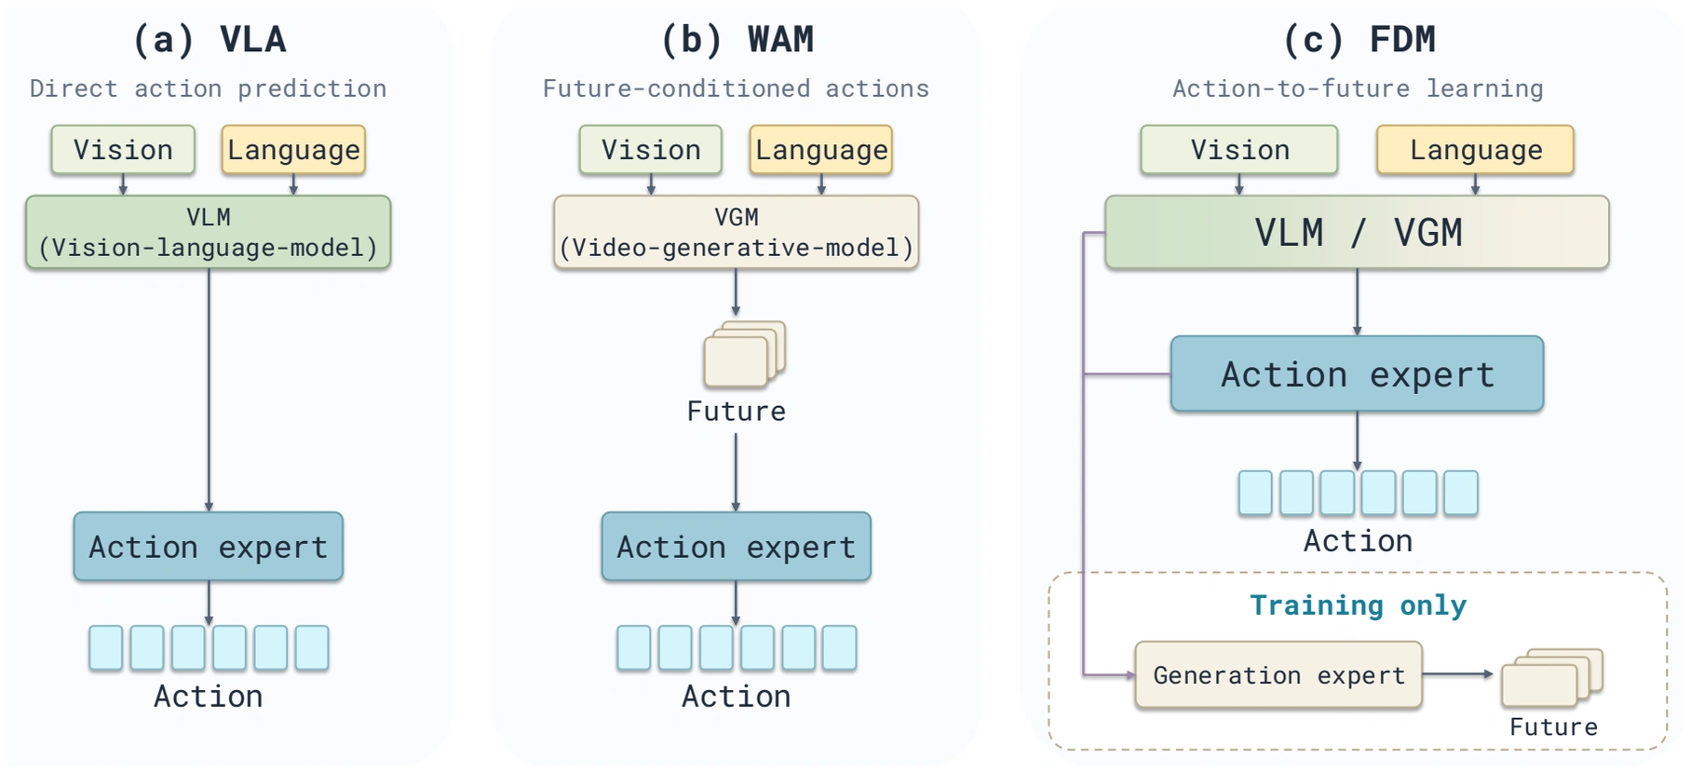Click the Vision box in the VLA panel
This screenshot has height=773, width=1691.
click(x=123, y=150)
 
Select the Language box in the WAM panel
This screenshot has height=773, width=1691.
click(x=821, y=150)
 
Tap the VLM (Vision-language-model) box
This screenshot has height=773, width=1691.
click(x=209, y=233)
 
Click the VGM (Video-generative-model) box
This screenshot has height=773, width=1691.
click(x=737, y=233)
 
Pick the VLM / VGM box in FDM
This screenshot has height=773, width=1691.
click(x=1357, y=233)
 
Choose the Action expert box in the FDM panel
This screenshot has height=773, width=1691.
click(x=1357, y=373)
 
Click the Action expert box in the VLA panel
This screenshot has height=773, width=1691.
click(x=209, y=547)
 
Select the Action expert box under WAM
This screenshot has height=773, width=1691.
click(x=737, y=547)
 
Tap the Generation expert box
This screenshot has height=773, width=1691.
click(x=1278, y=675)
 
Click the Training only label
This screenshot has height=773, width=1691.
click(x=1358, y=605)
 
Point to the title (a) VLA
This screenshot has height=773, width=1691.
click(x=210, y=40)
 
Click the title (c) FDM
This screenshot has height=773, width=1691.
click(x=1360, y=40)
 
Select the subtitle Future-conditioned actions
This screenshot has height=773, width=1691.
click(x=736, y=88)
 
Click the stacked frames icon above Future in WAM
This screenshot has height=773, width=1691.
click(x=745, y=354)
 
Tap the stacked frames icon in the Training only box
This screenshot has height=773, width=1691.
click(x=1552, y=678)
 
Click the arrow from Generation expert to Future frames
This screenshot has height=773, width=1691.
click(x=1458, y=674)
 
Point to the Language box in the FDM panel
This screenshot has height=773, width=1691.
click(x=1476, y=150)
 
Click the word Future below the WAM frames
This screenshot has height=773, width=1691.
click(x=737, y=412)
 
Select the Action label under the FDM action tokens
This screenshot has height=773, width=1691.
click(x=1358, y=541)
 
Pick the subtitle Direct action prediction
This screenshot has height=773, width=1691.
click(x=208, y=88)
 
